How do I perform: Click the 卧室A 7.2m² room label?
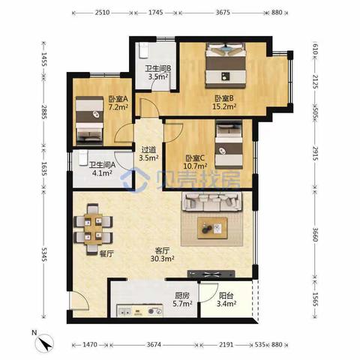[118, 103]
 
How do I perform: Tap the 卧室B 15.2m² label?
[224, 102]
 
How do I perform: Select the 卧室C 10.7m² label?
[195, 162]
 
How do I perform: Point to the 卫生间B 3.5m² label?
[158, 73]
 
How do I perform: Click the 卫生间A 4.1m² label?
[102, 169]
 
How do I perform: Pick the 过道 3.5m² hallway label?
[148, 154]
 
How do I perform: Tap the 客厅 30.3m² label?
[162, 254]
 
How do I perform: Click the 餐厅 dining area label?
[106, 254]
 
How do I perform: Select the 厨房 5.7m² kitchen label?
[182, 299]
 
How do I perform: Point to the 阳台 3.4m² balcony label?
[226, 299]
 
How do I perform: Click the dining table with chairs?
[93, 229]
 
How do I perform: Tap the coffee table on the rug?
[212, 228]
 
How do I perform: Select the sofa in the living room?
[213, 202]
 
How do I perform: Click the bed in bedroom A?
[89, 121]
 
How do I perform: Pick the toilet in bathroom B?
[143, 50]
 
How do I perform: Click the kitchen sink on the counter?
[124, 311]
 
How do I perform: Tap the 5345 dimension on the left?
[44, 254]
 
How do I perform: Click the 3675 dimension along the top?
[223, 12]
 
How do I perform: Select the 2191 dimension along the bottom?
[226, 345]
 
